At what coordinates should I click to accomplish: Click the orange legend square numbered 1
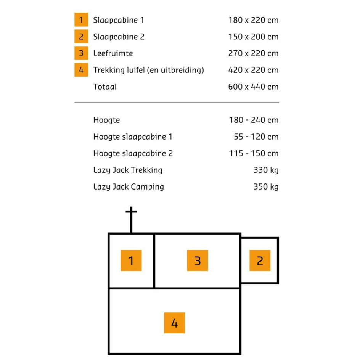tap(81, 20)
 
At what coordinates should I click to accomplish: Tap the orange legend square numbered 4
tap(81, 70)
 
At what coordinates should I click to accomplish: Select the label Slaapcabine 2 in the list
tap(119, 37)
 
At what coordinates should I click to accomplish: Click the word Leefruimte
tap(113, 53)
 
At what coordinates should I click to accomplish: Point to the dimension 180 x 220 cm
tap(253, 20)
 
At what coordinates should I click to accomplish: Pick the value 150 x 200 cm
tap(253, 37)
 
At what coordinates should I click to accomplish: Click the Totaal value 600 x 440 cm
tap(253, 87)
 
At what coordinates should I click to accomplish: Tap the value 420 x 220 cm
tap(253, 70)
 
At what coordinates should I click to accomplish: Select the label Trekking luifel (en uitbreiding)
tap(148, 70)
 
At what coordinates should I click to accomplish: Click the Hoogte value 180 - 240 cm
tap(253, 120)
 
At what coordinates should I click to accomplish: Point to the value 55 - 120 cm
tap(256, 137)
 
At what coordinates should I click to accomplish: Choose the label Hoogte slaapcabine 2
tap(133, 154)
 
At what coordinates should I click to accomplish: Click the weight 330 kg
tap(266, 170)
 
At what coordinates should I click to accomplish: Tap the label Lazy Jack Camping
tap(129, 187)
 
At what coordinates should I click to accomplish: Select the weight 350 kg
tap(266, 187)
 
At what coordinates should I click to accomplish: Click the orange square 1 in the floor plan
tap(131, 260)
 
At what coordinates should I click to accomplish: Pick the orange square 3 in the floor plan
tap(198, 260)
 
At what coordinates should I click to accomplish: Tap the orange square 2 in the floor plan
tap(260, 260)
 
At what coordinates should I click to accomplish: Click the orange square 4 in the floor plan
tap(175, 323)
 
